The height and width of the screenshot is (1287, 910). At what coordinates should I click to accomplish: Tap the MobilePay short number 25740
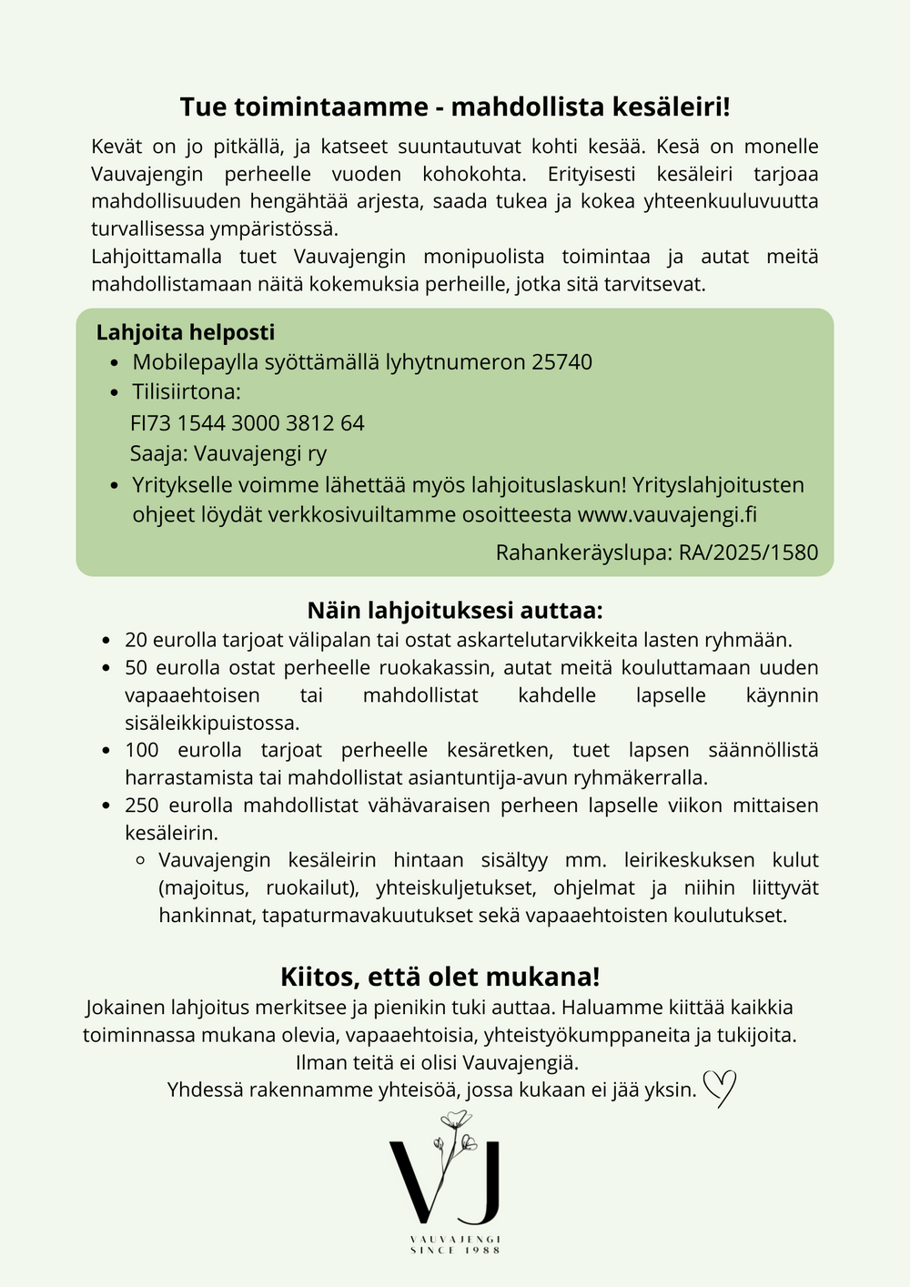561,362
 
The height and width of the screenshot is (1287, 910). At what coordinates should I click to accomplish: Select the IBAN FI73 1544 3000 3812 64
248,423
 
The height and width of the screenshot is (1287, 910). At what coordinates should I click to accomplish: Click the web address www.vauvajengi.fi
667,514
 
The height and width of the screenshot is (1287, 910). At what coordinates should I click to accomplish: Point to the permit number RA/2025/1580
748,552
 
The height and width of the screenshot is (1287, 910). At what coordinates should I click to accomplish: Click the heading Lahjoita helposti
186,333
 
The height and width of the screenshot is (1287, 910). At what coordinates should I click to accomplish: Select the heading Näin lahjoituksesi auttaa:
455,610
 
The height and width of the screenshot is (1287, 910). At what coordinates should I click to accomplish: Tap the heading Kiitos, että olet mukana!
440,977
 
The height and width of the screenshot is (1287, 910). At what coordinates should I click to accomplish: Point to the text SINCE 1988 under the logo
455,1251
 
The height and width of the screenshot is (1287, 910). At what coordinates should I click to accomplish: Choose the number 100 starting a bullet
142,750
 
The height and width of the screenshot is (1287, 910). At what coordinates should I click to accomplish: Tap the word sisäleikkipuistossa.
212,724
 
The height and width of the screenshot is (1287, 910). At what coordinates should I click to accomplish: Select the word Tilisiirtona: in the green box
187,392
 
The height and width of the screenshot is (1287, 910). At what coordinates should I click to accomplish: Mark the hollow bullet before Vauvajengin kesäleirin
140,860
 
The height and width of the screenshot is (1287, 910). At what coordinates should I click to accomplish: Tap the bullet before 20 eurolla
106,641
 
